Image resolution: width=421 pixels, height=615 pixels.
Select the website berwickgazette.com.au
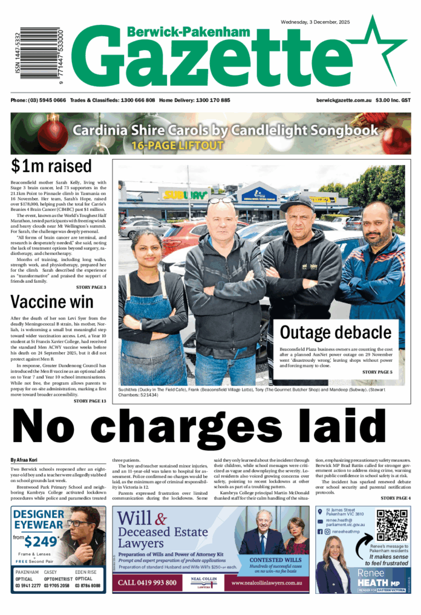(342, 100)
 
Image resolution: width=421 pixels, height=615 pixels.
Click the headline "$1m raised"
(51, 166)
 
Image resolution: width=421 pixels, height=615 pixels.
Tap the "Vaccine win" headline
(52, 301)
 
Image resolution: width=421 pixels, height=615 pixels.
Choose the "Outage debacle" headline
(335, 332)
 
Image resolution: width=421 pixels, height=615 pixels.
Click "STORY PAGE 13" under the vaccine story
(89, 401)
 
